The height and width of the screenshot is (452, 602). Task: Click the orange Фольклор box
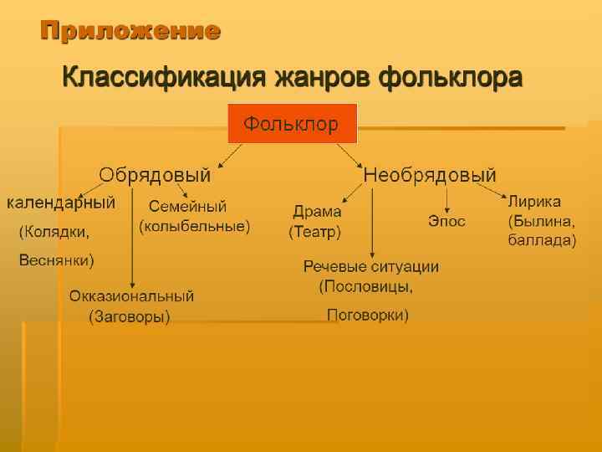pos(292,124)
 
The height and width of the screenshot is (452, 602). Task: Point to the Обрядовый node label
pos(155,176)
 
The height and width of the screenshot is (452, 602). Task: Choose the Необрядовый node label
pos(429,176)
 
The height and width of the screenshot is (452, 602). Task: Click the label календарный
pos(61,203)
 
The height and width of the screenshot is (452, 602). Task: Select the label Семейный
pos(187,207)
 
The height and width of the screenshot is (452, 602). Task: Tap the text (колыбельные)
pos(194,226)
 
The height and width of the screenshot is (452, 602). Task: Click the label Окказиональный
pos(131,296)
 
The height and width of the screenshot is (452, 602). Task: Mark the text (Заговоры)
pos(130,316)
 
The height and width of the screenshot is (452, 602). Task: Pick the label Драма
pos(317,212)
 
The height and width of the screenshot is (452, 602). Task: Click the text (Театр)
pos(314,230)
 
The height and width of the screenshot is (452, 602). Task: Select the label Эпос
pos(446,221)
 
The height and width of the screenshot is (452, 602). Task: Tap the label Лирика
pos(535,203)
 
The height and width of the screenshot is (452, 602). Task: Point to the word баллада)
pos(542,240)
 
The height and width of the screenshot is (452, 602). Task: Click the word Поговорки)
pos(367,316)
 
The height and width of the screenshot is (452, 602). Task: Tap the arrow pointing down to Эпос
pos(446,198)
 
